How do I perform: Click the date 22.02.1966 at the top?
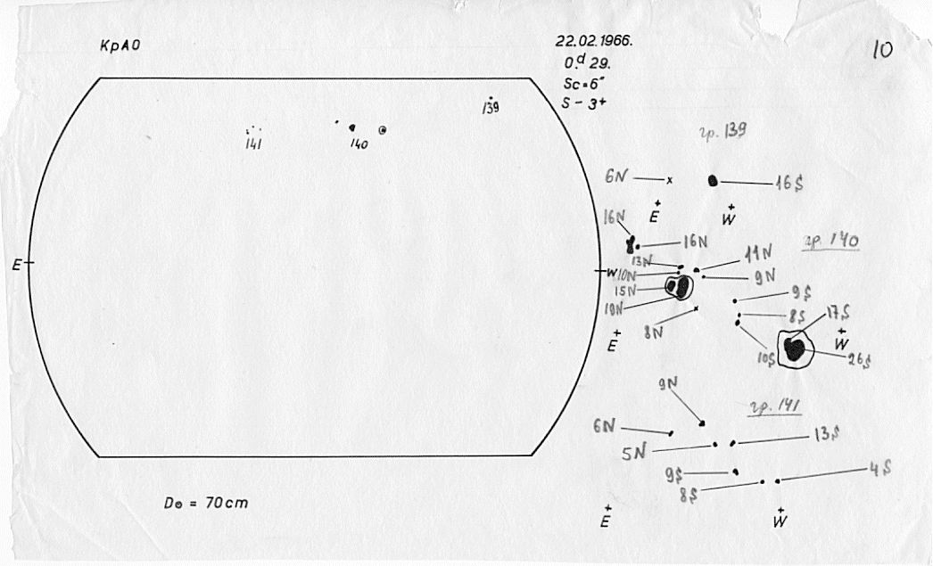pyautogui.click(x=594, y=42)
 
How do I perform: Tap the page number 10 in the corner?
pyautogui.click(x=882, y=50)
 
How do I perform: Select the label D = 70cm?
pyautogui.click(x=206, y=503)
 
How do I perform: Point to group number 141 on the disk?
pyautogui.click(x=252, y=143)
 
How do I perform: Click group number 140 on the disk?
pyautogui.click(x=359, y=144)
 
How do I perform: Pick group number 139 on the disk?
pyautogui.click(x=489, y=109)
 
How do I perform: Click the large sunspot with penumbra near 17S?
pyautogui.click(x=794, y=348)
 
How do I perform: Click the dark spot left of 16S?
pyautogui.click(x=713, y=181)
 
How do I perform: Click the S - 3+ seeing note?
pyautogui.click(x=580, y=103)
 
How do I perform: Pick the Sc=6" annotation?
pyautogui.click(x=578, y=83)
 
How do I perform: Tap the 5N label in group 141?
pyautogui.click(x=633, y=454)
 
